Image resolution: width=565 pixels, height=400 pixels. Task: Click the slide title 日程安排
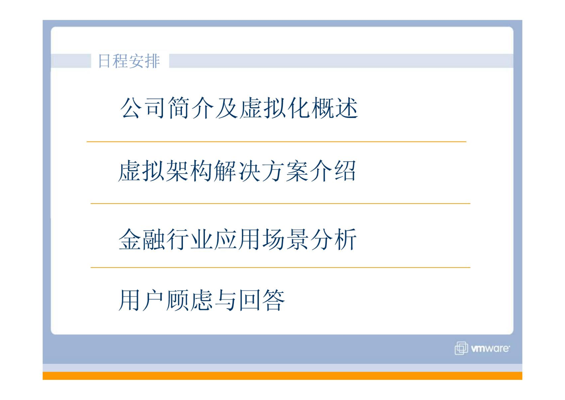(x=129, y=61)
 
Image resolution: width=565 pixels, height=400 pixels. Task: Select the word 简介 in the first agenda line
(x=191, y=108)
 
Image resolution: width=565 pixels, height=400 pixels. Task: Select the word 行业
(x=189, y=239)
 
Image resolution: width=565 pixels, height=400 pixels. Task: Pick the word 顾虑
(x=189, y=300)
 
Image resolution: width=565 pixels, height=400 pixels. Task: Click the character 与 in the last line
(x=225, y=300)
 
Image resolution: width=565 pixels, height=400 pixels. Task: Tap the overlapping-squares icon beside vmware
(x=461, y=348)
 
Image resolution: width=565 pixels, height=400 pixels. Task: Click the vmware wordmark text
(x=490, y=349)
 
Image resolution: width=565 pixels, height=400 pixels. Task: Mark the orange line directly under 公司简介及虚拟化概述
(x=276, y=142)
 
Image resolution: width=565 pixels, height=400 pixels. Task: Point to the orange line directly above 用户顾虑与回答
(x=280, y=268)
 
